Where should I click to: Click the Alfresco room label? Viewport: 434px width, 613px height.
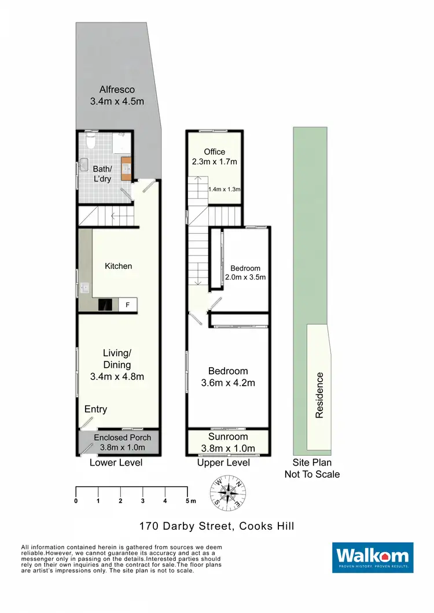[117, 90]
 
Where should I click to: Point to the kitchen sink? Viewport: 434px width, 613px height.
[85, 287]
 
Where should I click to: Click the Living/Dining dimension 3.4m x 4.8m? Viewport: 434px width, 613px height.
[117, 376]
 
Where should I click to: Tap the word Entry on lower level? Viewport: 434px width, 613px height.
[95, 409]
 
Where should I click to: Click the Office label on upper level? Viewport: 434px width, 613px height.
[215, 152]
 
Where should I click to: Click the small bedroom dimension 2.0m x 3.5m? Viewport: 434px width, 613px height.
[245, 277]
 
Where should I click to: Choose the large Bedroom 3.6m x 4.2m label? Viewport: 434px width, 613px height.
[228, 376]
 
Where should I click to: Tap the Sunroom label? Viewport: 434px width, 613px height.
[228, 437]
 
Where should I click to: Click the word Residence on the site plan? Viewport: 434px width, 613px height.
[319, 395]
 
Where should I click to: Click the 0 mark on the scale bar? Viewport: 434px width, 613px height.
[76, 500]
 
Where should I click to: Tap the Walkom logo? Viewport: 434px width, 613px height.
[373, 557]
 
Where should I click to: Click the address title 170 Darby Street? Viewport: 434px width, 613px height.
[216, 526]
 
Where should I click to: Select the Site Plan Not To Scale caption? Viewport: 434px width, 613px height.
[312, 468]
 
